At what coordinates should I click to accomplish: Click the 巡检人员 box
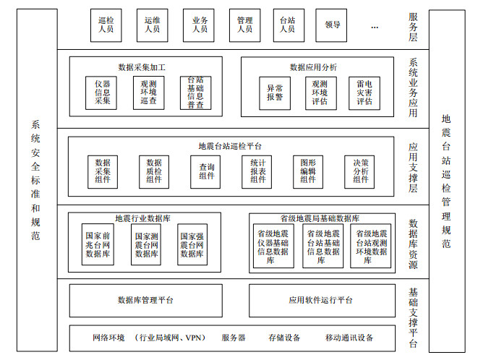click(106, 25)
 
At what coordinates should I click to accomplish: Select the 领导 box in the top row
click(332, 25)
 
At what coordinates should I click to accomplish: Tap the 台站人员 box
click(287, 25)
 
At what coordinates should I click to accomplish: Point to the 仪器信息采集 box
click(103, 93)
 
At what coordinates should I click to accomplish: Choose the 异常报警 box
click(275, 93)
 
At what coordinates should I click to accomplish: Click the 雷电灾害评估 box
click(364, 93)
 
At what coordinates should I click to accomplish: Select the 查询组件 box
click(207, 172)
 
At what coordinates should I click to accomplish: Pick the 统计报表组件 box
click(258, 172)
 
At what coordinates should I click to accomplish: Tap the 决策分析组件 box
click(361, 172)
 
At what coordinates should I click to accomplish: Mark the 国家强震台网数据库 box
click(192, 244)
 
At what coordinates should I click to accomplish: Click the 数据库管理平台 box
click(145, 300)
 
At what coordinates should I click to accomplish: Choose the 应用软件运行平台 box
click(320, 300)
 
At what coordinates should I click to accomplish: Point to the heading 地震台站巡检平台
click(230, 146)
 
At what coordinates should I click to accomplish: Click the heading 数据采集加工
click(142, 67)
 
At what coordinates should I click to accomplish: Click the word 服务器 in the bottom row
click(234, 338)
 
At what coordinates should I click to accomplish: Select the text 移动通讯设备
click(349, 338)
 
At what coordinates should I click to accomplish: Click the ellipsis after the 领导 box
click(374, 26)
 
